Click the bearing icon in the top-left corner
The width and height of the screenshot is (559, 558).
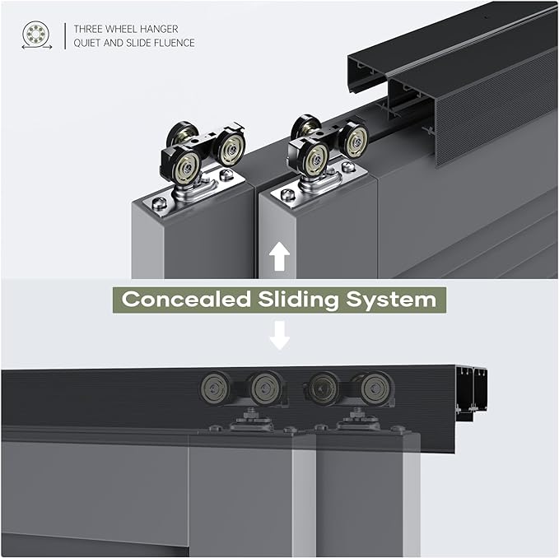[x=36, y=35]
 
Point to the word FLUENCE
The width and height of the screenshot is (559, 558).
[x=175, y=43]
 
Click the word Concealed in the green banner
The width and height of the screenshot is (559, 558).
[x=186, y=299]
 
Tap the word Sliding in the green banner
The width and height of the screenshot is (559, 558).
[x=298, y=300]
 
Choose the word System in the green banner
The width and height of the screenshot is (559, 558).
[x=391, y=300]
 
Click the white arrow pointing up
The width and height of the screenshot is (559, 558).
[x=279, y=256]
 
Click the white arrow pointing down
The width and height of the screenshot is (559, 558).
[x=280, y=335]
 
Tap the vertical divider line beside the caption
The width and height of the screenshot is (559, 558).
[x=65, y=36]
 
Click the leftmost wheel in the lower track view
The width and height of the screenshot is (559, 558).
[x=214, y=388]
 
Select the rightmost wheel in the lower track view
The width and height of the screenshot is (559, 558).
[x=375, y=388]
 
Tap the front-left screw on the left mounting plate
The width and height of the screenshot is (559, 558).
[x=159, y=203]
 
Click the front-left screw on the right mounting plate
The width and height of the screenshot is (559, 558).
[x=288, y=194]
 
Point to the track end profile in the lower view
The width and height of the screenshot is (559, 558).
[x=471, y=394]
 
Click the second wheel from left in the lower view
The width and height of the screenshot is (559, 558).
[x=264, y=388]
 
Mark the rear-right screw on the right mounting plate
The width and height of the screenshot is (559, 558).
[x=348, y=166]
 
